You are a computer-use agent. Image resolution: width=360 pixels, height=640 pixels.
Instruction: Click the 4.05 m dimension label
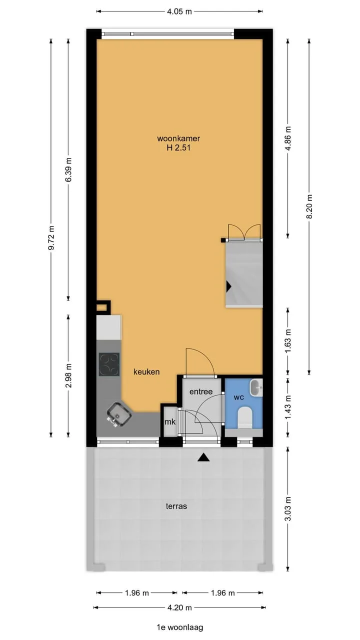point(179,11)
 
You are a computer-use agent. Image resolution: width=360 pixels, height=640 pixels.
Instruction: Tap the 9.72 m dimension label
point(51,237)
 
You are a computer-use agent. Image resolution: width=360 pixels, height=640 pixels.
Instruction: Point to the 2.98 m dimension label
point(68,375)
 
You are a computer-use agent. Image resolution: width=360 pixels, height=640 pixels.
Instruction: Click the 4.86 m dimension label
point(288,138)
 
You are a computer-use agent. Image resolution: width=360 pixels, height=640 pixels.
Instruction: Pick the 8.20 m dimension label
point(309,206)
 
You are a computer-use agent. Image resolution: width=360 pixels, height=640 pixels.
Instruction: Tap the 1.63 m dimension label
point(288,341)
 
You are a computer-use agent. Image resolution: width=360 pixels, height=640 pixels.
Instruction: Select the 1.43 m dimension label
point(288,407)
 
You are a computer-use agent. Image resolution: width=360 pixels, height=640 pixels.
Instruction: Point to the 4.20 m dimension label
point(179,607)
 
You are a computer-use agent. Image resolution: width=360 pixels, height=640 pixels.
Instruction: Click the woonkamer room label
point(178,138)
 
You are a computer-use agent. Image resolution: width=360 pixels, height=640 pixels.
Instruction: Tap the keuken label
point(146,372)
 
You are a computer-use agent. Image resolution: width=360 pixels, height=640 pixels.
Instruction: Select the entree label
point(201,391)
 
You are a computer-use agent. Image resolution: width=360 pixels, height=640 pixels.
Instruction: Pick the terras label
point(176,506)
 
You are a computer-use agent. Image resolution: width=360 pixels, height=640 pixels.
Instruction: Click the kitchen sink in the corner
point(118,414)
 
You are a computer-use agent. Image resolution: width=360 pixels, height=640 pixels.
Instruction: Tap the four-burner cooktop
point(109,364)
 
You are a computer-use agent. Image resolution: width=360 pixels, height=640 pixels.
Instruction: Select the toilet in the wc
point(245,417)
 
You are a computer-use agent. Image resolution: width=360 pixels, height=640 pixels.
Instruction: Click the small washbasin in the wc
point(256,387)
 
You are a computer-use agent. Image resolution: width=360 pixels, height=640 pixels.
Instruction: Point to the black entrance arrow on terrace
point(203,457)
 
